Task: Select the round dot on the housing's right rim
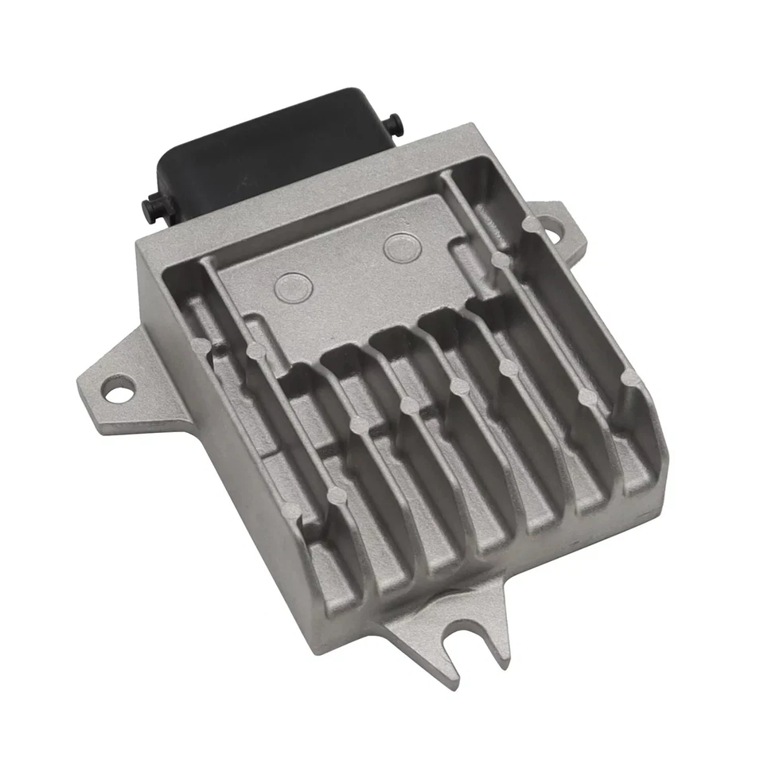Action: [x=629, y=376]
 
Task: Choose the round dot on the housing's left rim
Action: [x=198, y=345]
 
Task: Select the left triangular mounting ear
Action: [x=111, y=382]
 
